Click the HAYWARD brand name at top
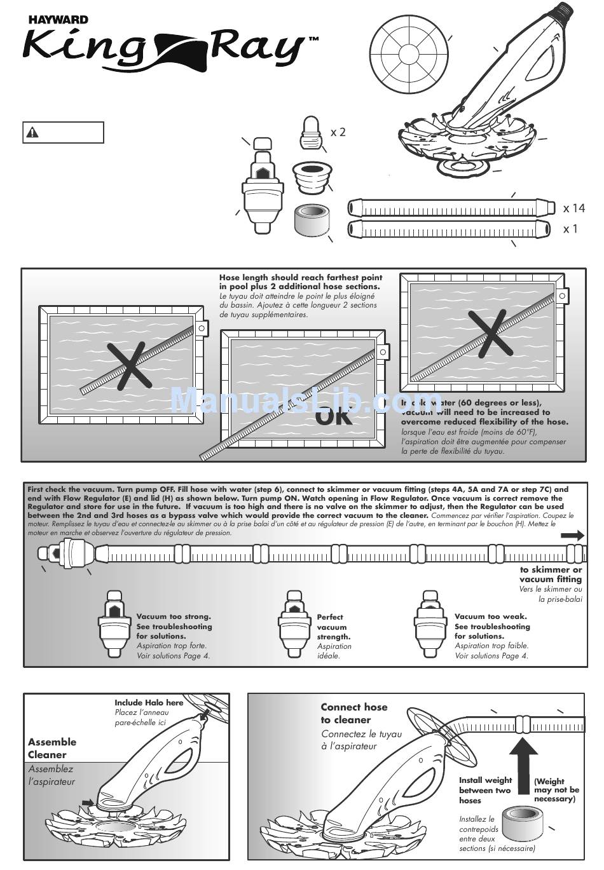tap(57, 20)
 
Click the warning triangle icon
tap(32, 133)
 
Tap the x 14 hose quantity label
tap(573, 208)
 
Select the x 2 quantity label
tap(338, 132)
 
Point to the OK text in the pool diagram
tap(334, 416)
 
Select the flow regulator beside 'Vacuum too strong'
tap(114, 627)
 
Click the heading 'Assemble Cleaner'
tap(51, 748)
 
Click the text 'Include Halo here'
tap(149, 702)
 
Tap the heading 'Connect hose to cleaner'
tap(353, 713)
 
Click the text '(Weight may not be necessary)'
tap(556, 790)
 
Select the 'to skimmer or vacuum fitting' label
tap(551, 574)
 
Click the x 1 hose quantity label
tap(570, 229)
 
